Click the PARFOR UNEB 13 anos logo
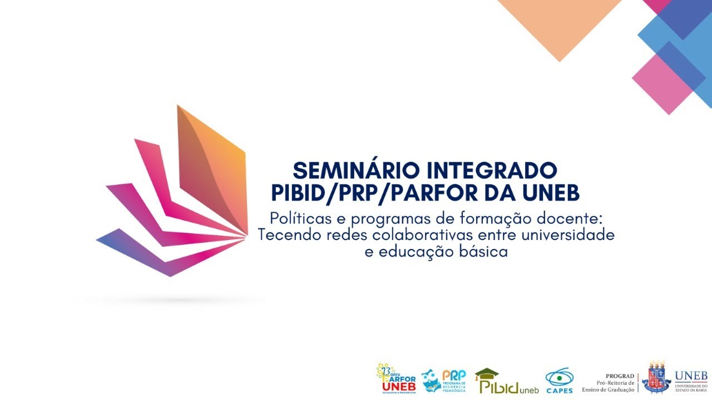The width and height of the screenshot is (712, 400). click(396, 379)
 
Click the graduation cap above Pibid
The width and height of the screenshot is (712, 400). click(487, 373)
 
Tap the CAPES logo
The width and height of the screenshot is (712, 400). click(559, 381)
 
